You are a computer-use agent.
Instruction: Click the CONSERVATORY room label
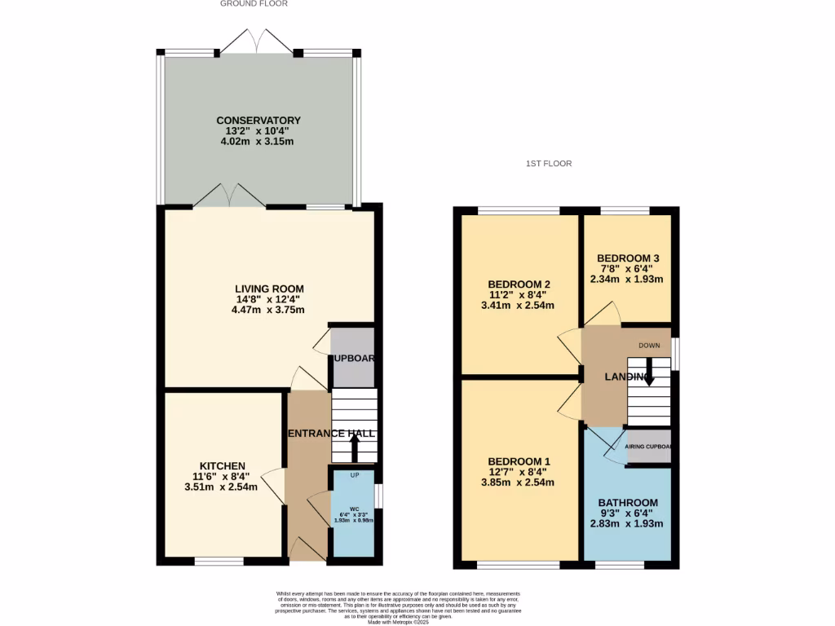258,120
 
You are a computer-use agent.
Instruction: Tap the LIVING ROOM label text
269,289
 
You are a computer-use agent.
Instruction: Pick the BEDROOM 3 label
626,258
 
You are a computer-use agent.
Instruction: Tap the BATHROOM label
627,502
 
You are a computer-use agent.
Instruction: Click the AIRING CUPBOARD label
648,447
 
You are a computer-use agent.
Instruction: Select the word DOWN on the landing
649,345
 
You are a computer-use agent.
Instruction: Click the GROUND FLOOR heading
254,4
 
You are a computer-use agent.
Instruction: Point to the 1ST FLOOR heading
549,164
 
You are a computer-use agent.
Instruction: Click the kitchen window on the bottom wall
219,561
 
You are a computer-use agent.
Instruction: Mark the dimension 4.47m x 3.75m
268,310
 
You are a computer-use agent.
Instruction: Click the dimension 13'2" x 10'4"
258,130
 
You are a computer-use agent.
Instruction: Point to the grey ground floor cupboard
353,358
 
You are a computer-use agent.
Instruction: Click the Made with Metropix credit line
398,622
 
